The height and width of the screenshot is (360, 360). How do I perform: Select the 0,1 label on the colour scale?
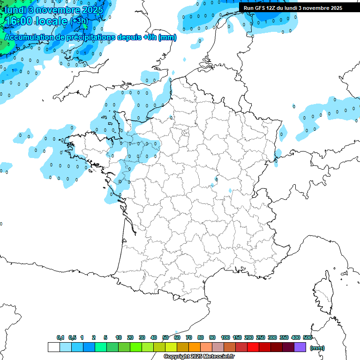pyautogui.click(x=60, y=337)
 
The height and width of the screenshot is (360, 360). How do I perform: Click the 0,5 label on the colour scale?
pyautogui.click(x=72, y=337)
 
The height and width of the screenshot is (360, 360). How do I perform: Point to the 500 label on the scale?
pyautogui.click(x=307, y=337)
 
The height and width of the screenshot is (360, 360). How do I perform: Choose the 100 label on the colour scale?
pyautogui.click(x=225, y=337)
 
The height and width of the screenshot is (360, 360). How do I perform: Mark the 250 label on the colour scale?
pyautogui.click(x=261, y=337)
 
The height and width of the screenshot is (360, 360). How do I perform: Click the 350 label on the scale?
pyautogui.click(x=284, y=337)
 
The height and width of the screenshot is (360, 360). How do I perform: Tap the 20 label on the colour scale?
pyautogui.click(x=130, y=337)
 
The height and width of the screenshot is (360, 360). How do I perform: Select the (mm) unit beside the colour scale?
pyautogui.click(x=317, y=348)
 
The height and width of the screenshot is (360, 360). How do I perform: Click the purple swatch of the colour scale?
pyautogui.click(x=300, y=347)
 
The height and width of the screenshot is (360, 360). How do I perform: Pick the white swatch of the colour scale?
pyautogui.click(x=53, y=347)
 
